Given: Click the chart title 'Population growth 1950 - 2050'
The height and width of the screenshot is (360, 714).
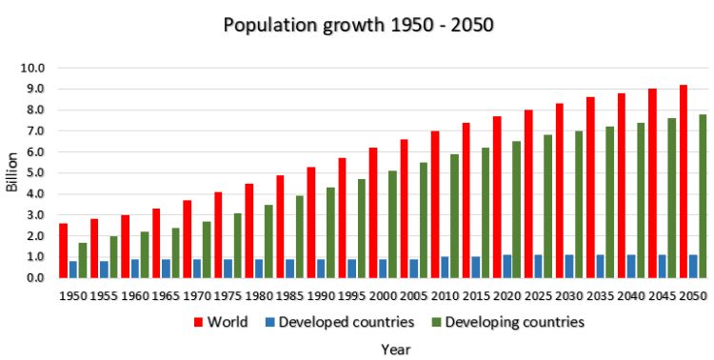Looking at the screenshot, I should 357,24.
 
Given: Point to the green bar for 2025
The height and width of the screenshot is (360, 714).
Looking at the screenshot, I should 548,206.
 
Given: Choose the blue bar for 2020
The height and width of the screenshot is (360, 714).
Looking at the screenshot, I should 507,266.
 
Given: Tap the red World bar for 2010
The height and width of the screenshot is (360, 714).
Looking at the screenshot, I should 435,204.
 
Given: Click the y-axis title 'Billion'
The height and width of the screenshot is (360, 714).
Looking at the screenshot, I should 12,172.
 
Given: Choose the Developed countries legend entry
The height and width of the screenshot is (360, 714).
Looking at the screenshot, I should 347,322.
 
